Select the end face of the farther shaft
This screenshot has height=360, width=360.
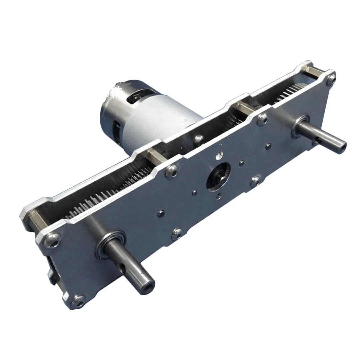click(x=342, y=147)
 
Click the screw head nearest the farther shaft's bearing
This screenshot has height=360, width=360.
click(x=262, y=118)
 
